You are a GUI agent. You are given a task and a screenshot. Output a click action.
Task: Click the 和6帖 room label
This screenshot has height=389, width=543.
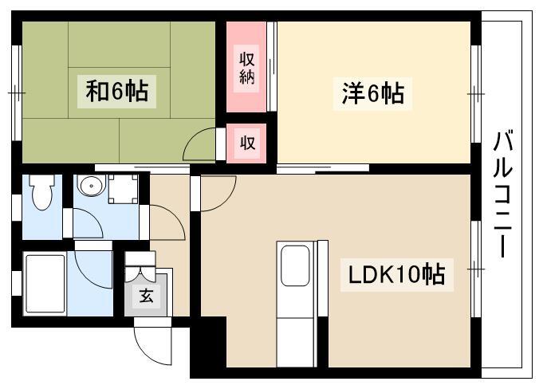117,91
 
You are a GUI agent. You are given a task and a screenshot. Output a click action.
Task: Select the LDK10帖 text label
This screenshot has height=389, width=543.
396,275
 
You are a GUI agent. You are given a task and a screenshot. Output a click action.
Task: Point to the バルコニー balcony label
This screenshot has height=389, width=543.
503,194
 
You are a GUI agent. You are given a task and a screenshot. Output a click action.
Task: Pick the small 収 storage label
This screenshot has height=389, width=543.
247,143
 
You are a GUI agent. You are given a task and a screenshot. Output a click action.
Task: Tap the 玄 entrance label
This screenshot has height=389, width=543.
146,296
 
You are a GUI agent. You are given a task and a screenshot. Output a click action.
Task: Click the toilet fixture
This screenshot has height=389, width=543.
42,191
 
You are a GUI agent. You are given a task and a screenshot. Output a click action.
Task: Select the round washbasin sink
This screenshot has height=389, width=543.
91,185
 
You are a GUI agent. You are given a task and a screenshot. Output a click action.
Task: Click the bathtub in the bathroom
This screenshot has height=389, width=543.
45,284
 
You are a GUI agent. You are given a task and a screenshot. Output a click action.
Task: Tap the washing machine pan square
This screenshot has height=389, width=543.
124,189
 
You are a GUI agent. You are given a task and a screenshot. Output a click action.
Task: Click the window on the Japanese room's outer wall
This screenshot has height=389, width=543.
17,92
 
